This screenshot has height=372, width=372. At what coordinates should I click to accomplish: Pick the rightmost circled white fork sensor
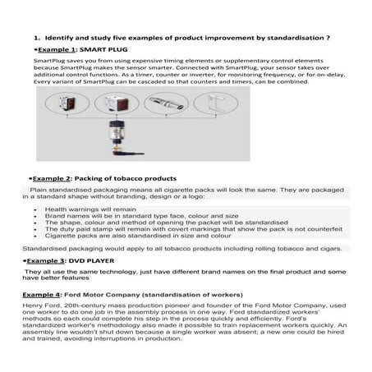[x=218, y=104]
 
